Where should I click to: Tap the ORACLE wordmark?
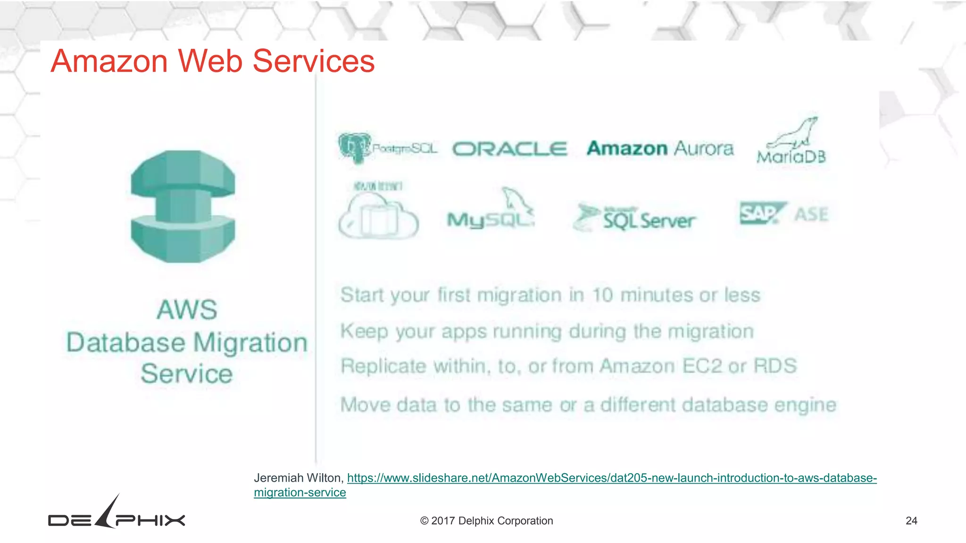click(x=509, y=149)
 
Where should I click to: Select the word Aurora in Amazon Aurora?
click(x=703, y=148)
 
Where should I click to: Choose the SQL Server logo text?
click(x=649, y=220)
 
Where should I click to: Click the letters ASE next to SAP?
click(x=811, y=214)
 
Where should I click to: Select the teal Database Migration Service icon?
click(x=183, y=206)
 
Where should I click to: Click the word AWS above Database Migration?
click(x=187, y=310)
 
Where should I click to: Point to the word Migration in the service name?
click(x=250, y=342)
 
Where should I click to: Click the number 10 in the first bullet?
click(x=602, y=295)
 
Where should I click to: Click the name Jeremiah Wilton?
click(x=298, y=478)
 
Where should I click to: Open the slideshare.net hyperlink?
click(x=611, y=478)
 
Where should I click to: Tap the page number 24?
click(x=911, y=521)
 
